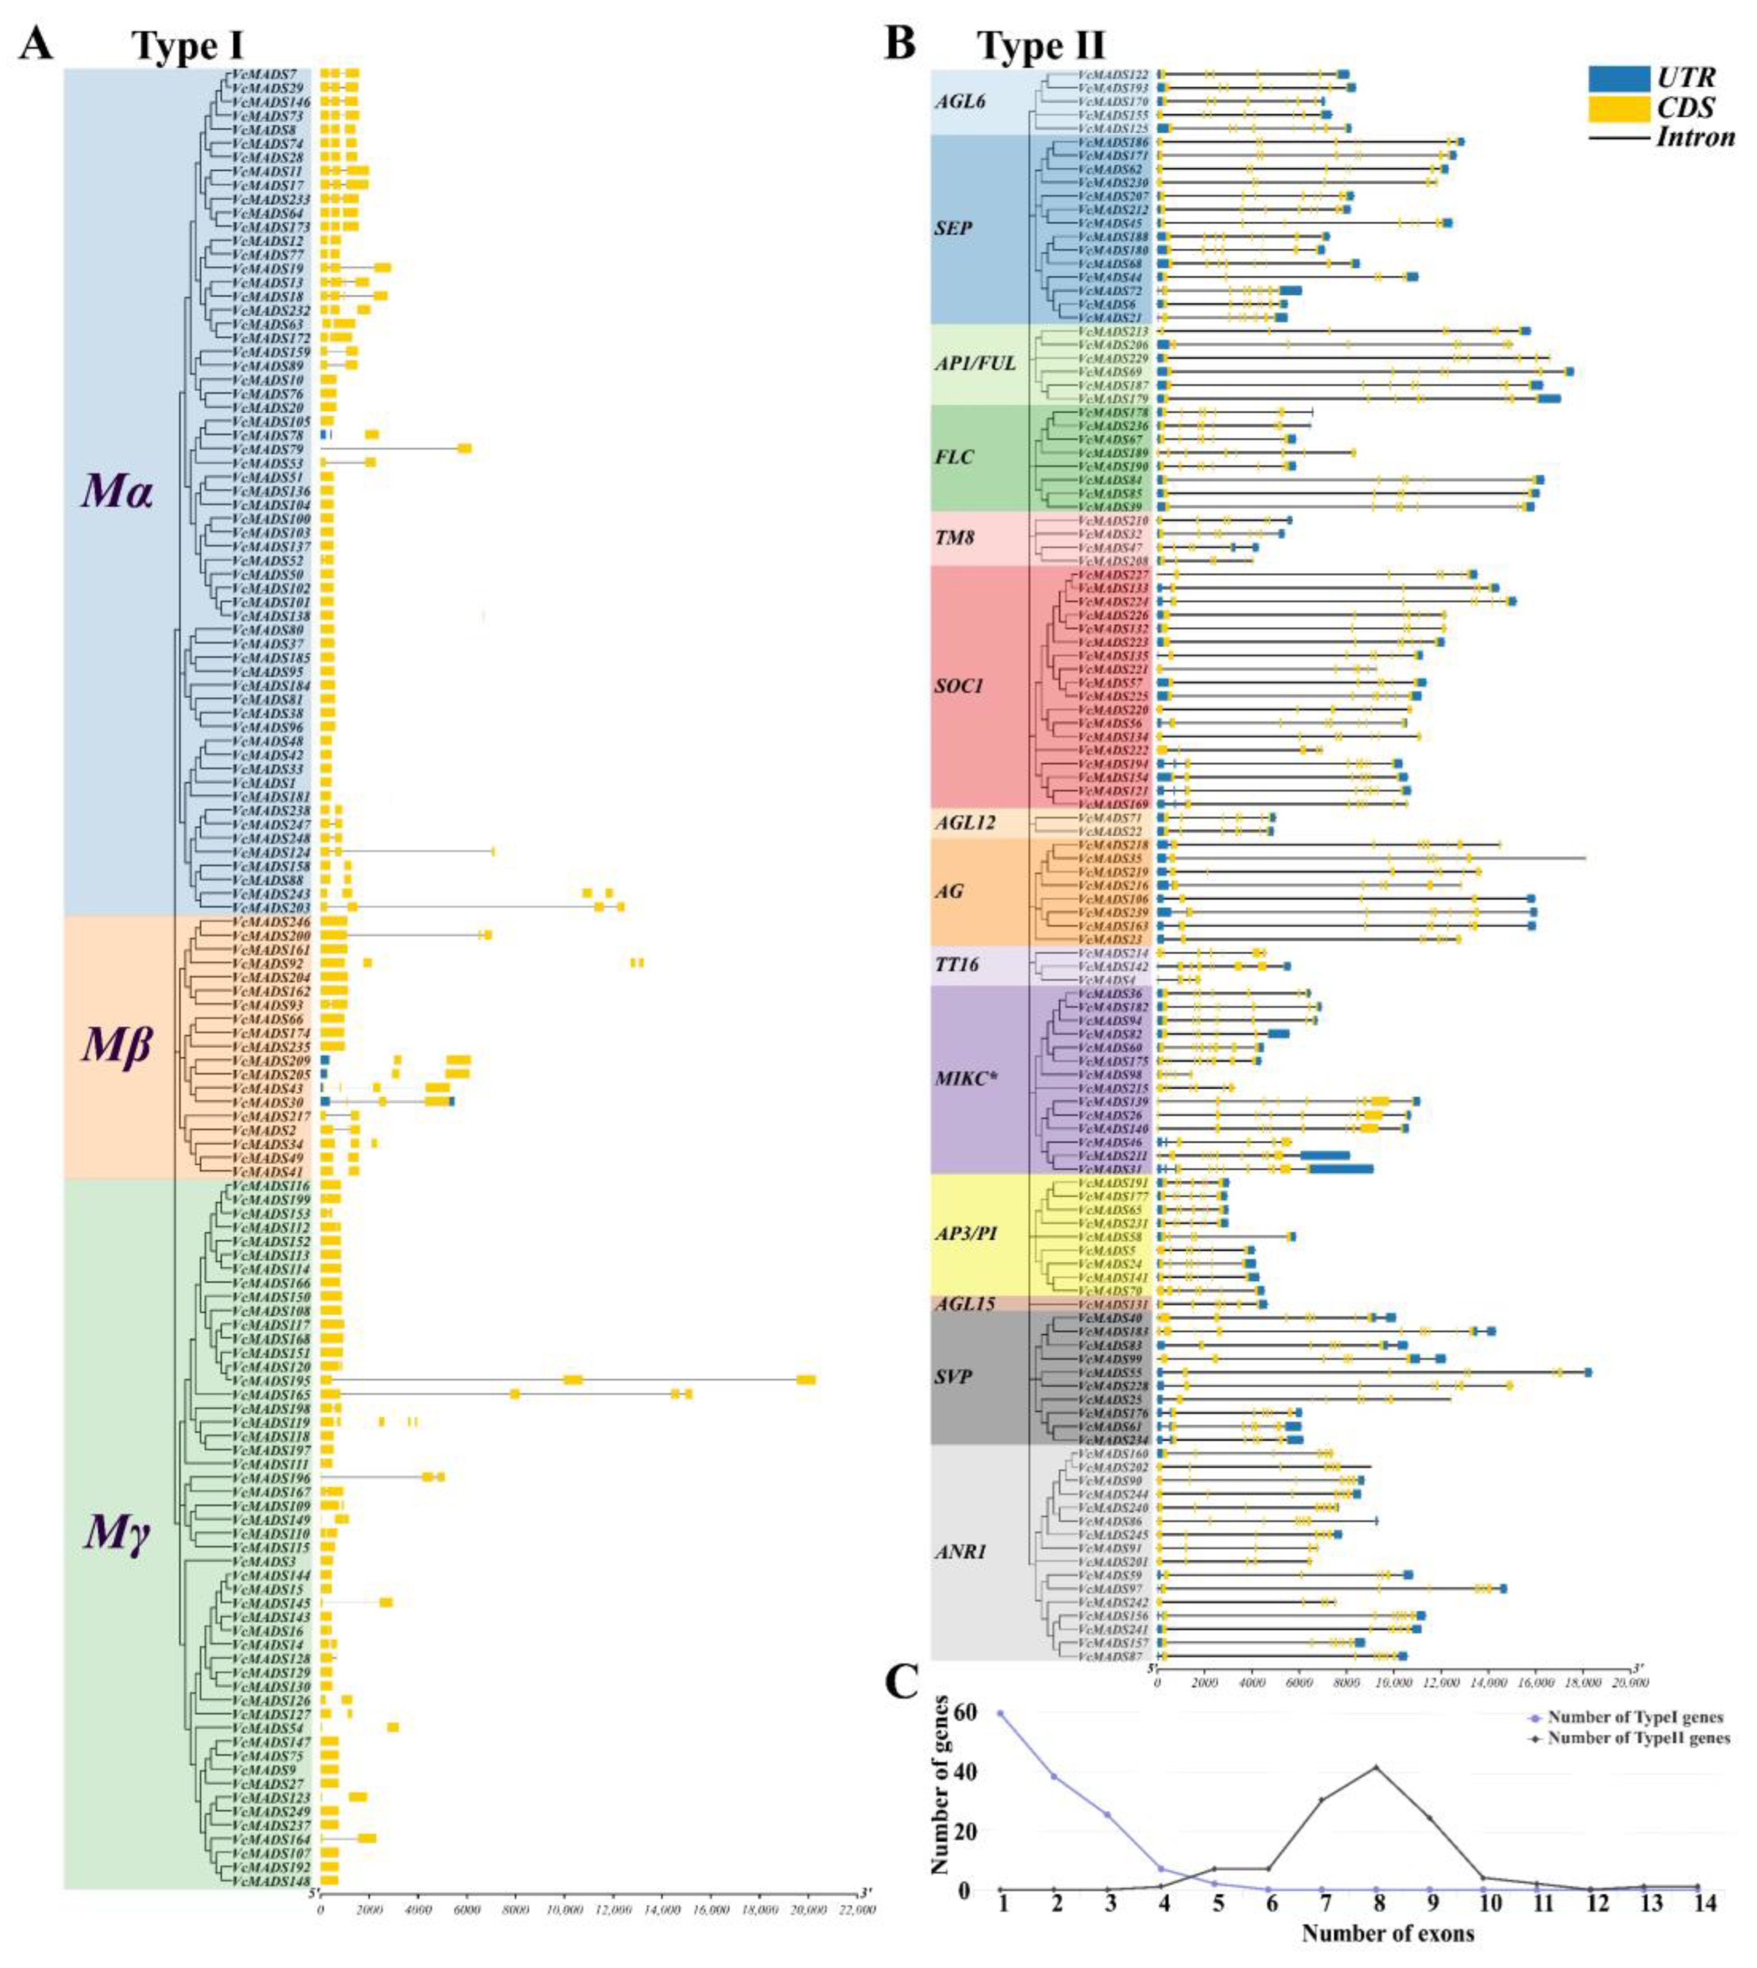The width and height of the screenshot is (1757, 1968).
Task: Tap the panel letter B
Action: point(901,44)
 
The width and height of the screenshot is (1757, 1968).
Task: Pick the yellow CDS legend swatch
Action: point(1618,108)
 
